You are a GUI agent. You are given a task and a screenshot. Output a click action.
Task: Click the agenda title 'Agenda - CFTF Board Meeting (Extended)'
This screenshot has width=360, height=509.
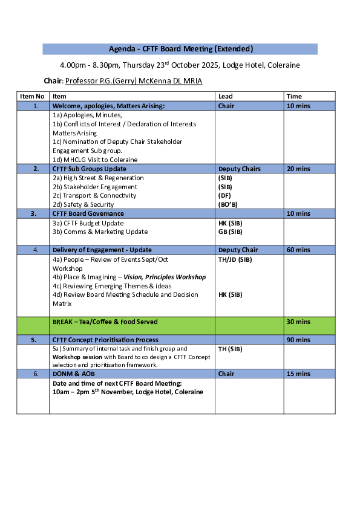180,49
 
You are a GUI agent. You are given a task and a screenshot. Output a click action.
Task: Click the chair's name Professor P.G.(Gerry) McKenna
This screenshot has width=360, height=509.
134,81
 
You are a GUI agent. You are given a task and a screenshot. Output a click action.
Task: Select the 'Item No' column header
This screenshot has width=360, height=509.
33,96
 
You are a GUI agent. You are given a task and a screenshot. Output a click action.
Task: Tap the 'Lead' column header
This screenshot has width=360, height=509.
225,96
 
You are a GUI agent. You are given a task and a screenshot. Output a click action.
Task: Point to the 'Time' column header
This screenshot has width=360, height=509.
294,96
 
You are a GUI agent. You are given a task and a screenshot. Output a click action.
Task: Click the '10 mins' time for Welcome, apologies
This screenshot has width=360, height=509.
298,106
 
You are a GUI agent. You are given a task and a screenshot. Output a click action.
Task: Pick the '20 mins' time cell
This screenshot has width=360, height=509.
298,169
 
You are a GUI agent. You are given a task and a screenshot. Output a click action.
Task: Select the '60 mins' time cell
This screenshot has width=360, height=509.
298,250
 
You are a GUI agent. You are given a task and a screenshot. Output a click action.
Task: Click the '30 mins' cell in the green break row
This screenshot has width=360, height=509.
298,322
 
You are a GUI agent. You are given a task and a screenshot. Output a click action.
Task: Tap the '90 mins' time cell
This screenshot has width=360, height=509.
298,340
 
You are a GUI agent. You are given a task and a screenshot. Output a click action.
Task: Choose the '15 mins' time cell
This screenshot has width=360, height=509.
298,374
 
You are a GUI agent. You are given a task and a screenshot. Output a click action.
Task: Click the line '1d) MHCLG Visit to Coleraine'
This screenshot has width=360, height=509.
95,160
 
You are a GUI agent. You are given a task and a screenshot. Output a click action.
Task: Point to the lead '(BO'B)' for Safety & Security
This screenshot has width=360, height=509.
228,204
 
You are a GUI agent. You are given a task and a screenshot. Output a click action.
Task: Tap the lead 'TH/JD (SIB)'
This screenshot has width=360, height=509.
235,259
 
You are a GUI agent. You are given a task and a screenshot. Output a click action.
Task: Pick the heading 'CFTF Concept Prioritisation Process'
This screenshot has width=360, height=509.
105,340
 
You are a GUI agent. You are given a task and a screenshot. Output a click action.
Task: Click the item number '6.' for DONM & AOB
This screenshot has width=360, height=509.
36,374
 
